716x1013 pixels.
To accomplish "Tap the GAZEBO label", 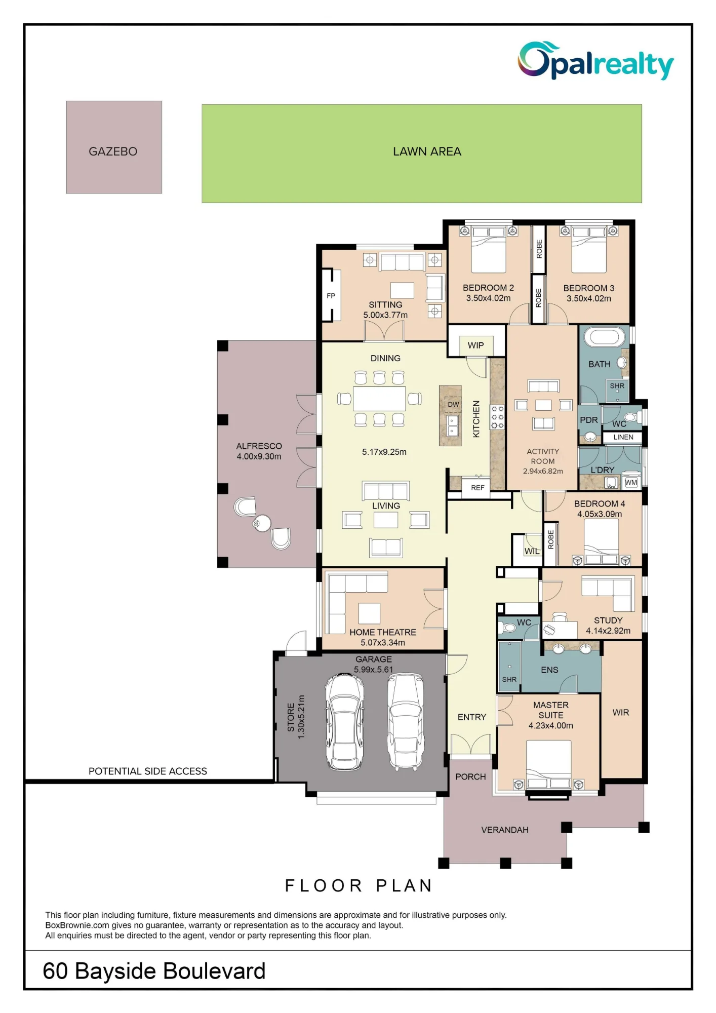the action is [113, 151].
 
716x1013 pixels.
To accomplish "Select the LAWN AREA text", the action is [427, 151].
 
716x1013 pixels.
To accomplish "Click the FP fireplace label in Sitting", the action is [331, 296].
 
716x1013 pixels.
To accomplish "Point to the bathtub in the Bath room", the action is [605, 337].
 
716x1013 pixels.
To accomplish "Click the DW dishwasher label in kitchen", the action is [453, 404].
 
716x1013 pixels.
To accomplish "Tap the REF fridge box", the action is [478, 488].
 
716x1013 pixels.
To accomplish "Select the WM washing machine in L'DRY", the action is [631, 483].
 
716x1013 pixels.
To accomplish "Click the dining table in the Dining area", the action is [379, 399].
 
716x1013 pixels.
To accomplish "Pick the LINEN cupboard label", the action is [623, 437].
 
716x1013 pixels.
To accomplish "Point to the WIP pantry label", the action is [475, 345].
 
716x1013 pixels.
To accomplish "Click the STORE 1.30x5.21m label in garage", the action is [296, 717].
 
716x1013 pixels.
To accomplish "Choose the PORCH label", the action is [470, 777].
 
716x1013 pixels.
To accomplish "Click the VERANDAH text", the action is [505, 830].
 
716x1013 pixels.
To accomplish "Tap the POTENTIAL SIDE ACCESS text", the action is [148, 771].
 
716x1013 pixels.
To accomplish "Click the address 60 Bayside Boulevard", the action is [154, 971].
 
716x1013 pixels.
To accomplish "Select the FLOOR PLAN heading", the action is [359, 885].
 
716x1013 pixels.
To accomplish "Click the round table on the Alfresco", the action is [262, 523].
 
